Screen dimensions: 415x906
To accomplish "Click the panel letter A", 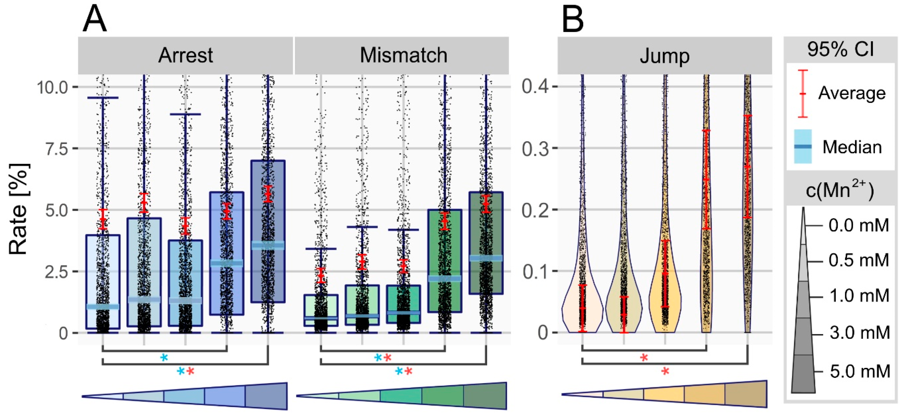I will (94, 19).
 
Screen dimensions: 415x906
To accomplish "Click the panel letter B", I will (573, 19).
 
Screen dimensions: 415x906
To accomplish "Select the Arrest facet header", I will (185, 56).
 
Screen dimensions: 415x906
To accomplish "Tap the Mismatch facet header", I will (403, 56).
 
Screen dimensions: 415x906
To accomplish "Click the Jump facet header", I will (664, 56).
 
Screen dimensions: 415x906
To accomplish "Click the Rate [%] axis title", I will (18, 209).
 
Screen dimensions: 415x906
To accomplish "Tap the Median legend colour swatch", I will (803, 146).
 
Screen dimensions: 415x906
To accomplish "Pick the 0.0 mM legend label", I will (858, 225).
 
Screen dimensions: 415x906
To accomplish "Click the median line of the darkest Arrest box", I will (268, 245).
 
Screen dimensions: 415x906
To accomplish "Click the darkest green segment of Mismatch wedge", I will (485, 396).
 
